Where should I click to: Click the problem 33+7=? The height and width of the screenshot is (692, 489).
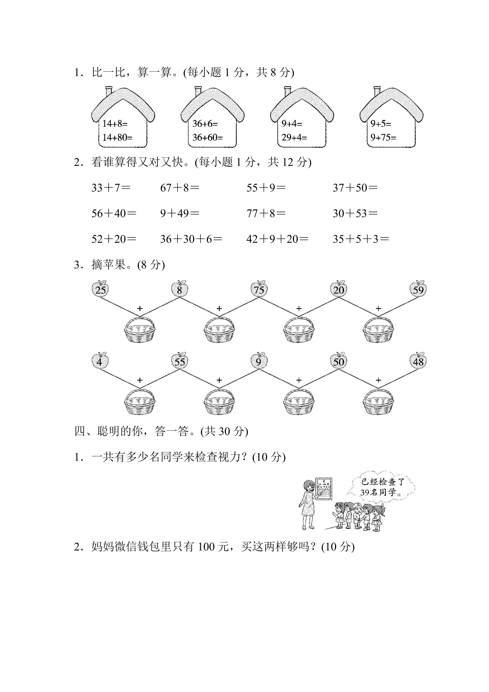(x=111, y=188)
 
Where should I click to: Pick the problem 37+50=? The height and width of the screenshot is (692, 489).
(x=355, y=188)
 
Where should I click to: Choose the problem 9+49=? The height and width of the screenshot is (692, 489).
(x=180, y=213)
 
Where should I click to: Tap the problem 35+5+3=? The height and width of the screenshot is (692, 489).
(x=361, y=239)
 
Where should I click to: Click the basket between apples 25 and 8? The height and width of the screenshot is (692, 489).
(x=140, y=330)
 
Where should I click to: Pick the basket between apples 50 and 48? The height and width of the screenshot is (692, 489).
(x=378, y=402)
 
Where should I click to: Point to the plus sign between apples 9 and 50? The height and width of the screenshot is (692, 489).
(x=299, y=380)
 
